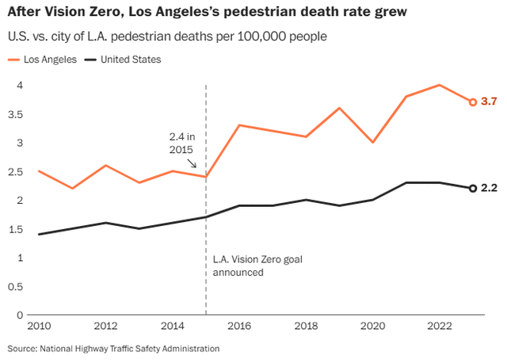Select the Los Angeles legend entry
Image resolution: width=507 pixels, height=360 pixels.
point(49,59)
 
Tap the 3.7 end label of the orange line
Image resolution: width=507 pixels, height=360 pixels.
point(489,102)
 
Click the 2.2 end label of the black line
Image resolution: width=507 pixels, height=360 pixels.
point(489,189)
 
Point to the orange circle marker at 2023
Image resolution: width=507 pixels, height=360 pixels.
point(473,102)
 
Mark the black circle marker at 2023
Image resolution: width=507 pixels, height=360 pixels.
point(473,188)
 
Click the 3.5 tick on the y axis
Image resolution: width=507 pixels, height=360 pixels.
point(16,114)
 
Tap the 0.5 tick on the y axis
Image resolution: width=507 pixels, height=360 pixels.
point(16,287)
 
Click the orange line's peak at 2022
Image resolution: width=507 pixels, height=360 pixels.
point(440,85)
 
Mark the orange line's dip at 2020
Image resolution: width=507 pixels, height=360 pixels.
point(373,142)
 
